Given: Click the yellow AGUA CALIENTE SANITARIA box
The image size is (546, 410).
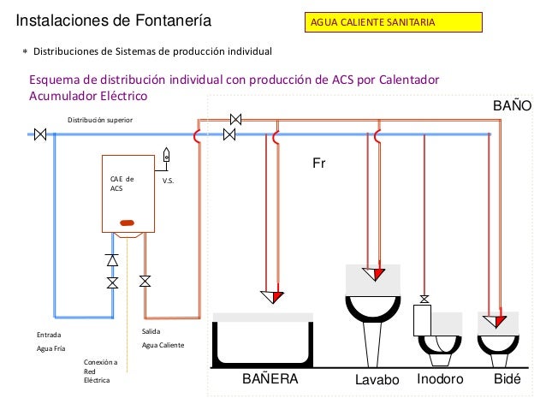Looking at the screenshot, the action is [394, 22].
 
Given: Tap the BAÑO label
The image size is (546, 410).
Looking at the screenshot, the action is [513, 105].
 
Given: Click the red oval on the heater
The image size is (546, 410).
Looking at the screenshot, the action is [128, 223].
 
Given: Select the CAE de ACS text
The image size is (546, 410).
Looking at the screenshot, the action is [122, 183].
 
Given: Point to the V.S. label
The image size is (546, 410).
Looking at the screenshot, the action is [168, 181].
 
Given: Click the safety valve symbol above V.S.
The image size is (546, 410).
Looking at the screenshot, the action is [166, 155].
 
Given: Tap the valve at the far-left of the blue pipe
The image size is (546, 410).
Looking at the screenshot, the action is [40, 134].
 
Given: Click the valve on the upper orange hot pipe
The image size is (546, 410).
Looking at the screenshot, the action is [235, 120].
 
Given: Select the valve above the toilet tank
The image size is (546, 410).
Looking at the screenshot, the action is [424, 300].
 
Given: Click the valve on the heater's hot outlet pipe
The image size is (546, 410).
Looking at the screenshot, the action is [145, 281].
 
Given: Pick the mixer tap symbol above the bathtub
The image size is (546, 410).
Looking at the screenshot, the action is [272, 297].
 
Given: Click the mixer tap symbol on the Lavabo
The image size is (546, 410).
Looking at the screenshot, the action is [374, 274].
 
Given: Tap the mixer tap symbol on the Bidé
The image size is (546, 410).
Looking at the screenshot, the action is [495, 321].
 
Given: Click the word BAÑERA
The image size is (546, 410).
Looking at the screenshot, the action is [270, 378].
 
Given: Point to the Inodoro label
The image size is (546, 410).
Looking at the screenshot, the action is [440, 378].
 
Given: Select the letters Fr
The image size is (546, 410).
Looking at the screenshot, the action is [319, 163].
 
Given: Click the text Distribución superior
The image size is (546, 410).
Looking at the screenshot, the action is [100, 120].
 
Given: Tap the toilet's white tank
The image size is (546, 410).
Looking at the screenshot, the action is [422, 320].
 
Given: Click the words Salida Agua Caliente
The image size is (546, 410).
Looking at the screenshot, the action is [163, 338].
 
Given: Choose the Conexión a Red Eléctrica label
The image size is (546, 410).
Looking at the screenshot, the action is [100, 371].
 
